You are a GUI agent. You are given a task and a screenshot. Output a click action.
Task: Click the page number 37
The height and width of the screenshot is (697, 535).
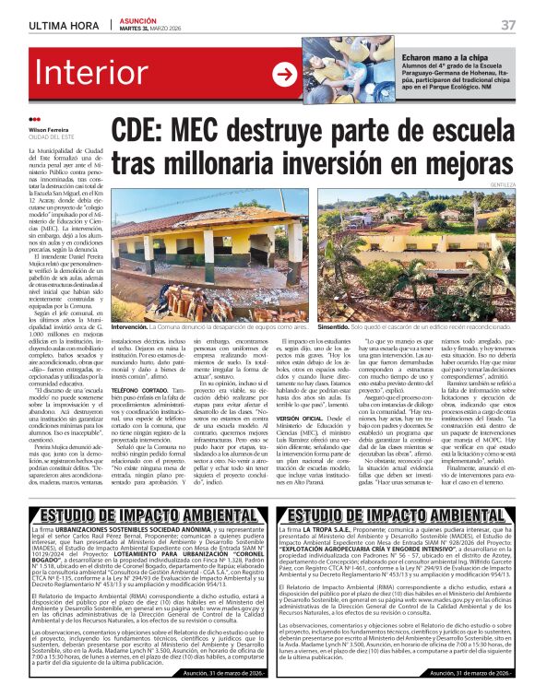click(507, 24)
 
